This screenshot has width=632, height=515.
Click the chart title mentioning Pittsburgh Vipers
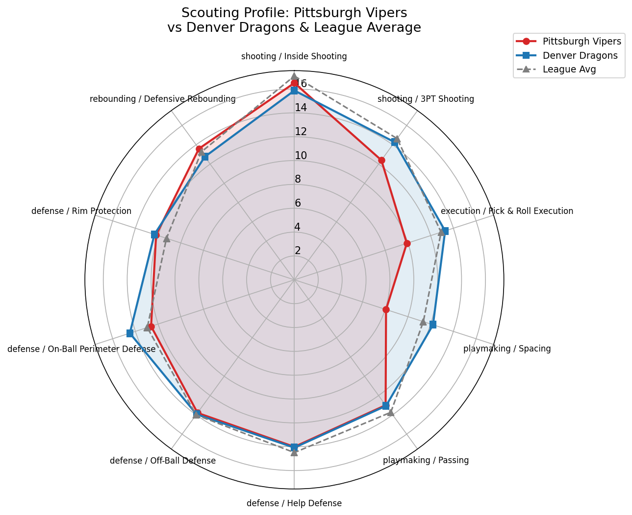[294, 20]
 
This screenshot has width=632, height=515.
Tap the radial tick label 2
[298, 251]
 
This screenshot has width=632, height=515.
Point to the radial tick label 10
[301, 156]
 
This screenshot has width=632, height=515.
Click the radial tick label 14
[301, 108]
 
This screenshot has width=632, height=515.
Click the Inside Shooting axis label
[294, 56]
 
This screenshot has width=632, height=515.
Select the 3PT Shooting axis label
[426, 99]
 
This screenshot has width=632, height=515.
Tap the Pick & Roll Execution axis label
[506, 211]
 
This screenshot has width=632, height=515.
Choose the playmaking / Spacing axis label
[507, 349]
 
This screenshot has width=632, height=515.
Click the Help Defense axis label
[294, 503]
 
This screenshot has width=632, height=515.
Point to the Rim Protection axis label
[81, 211]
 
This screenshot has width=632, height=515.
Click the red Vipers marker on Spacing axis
[386, 309]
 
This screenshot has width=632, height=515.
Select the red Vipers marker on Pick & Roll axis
[407, 243]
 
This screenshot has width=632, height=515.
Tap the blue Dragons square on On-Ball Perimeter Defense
[130, 333]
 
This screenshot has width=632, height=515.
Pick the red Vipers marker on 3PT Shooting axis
[381, 160]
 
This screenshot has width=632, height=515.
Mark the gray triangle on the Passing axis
[391, 413]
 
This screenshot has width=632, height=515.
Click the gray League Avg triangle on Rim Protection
[167, 239]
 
